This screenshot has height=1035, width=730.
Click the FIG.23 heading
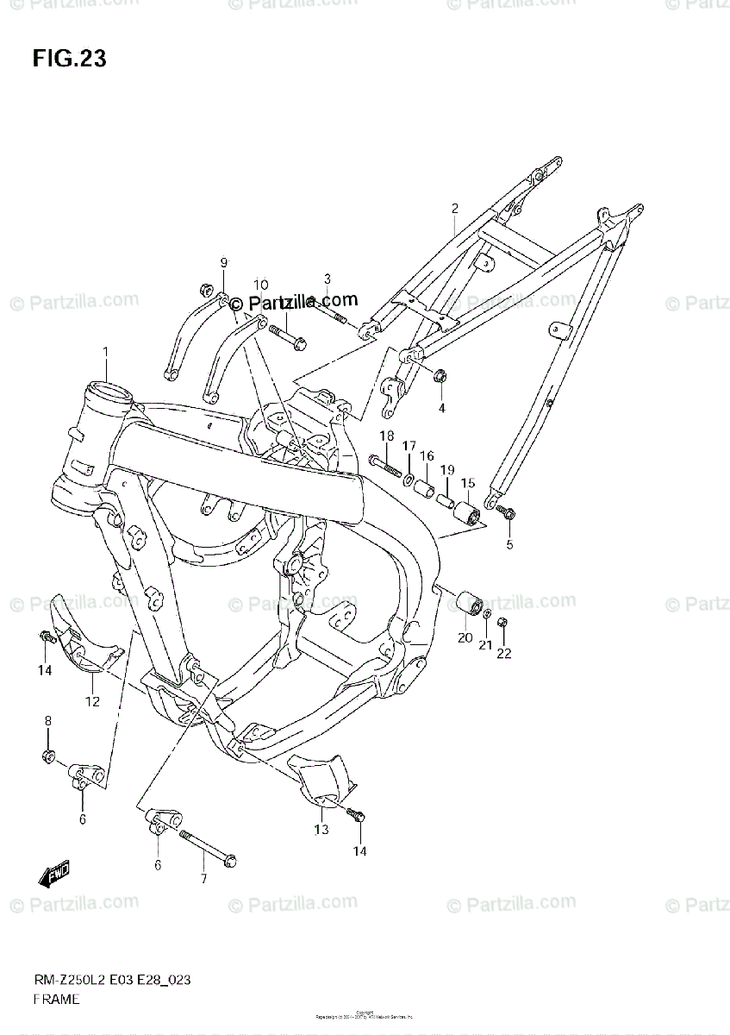coord(69,59)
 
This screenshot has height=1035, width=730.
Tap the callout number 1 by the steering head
coord(106,352)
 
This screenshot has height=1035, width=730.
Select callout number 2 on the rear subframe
coord(454,208)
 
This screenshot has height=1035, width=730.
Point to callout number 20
coord(465,638)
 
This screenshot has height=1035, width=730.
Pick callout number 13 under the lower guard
coord(321,830)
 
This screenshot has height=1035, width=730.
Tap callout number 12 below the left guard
coord(91,701)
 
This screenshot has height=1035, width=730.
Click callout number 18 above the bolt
coord(386,436)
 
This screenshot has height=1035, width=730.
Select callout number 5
coord(509,544)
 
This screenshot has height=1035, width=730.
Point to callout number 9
coord(223,262)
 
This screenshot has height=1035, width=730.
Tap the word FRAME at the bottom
coord(57,1000)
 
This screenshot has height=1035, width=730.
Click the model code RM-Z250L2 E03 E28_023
coord(113,981)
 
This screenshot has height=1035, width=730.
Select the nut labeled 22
coord(503,623)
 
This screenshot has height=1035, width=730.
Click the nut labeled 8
coord(48,756)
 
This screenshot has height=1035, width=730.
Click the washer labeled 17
coord(409,478)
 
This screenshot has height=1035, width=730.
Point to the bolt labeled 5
coord(507,514)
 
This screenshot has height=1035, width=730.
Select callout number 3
coord(328,278)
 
